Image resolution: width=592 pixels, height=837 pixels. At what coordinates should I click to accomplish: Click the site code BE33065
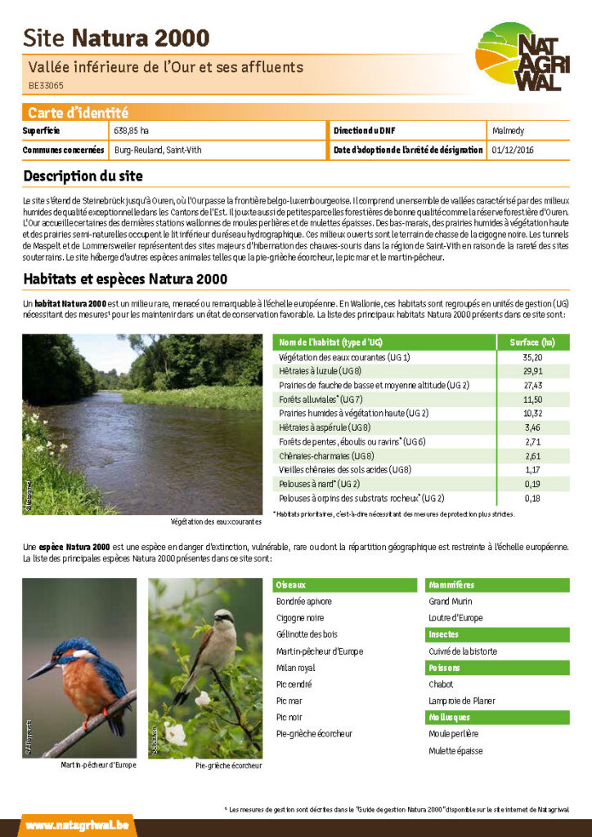pyautogui.click(x=46, y=85)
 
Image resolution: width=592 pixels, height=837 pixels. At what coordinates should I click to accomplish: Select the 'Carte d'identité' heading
pyautogui.click(x=78, y=113)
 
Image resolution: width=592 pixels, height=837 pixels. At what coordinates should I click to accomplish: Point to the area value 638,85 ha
pyautogui.click(x=132, y=131)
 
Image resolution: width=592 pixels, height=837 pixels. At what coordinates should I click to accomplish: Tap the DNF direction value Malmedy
pyautogui.click(x=509, y=131)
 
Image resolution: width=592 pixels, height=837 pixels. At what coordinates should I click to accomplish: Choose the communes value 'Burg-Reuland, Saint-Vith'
pyautogui.click(x=158, y=150)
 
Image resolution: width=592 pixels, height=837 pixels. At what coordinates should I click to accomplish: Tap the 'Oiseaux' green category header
pyautogui.click(x=291, y=585)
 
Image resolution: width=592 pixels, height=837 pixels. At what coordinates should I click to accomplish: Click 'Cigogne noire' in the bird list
pyautogui.click(x=300, y=618)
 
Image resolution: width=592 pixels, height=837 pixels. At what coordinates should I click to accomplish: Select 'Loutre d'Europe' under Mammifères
pyautogui.click(x=455, y=618)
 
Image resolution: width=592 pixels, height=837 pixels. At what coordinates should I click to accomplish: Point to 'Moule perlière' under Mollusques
pyautogui.click(x=454, y=734)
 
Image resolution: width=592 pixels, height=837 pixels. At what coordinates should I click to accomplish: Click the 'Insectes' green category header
pyautogui.click(x=445, y=634)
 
